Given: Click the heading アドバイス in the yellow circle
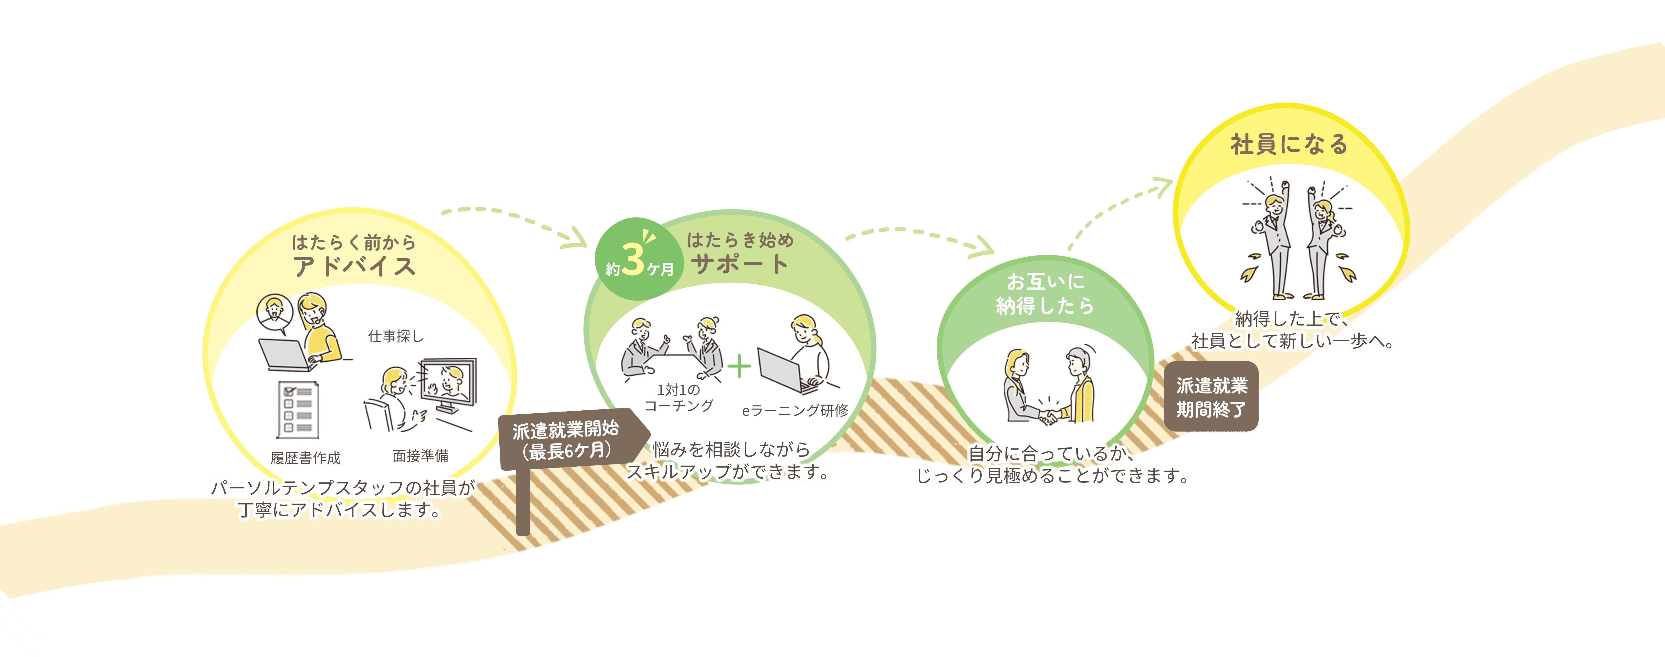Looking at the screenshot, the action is (x=354, y=266).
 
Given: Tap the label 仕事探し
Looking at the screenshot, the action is (x=395, y=336).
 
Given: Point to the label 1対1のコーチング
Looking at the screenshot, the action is (x=679, y=397).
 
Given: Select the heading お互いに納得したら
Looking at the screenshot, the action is (x=1045, y=293).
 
